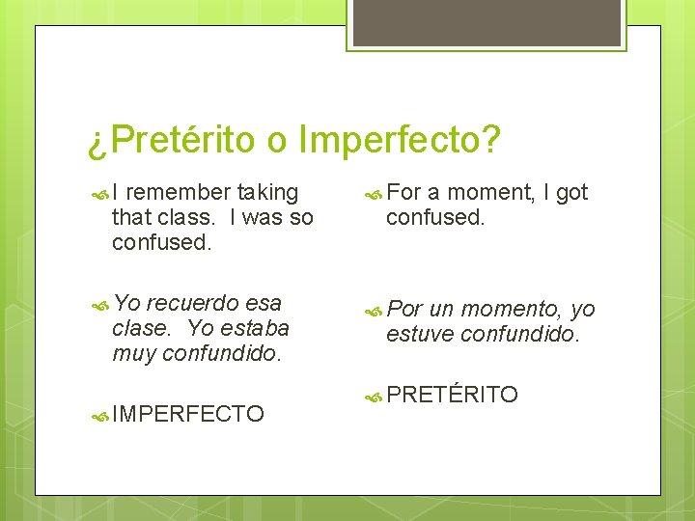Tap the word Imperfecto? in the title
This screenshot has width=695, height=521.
pos(400,141)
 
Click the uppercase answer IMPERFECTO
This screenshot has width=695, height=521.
pos(188,415)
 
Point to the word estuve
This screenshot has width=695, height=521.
pos(421,335)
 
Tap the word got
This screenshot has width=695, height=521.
pos(571,193)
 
